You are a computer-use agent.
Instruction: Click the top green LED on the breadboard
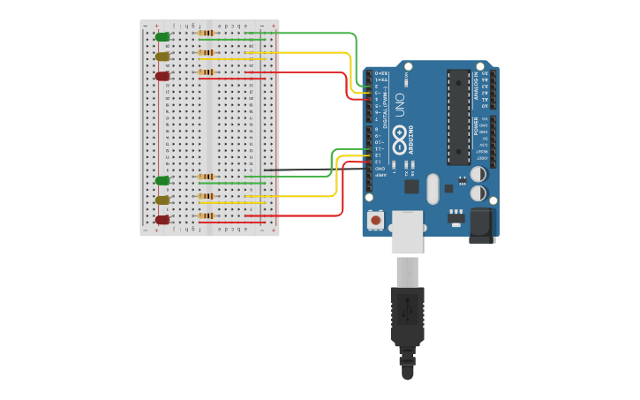pyautogui.click(x=162, y=36)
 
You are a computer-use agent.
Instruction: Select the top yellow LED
pyautogui.click(x=162, y=57)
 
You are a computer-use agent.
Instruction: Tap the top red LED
pyautogui.click(x=162, y=76)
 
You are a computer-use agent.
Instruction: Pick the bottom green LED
pyautogui.click(x=162, y=180)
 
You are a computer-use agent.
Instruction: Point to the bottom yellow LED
pyautogui.click(x=162, y=200)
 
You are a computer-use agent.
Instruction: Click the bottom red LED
pyautogui.click(x=162, y=219)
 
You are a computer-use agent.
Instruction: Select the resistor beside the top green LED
pyautogui.click(x=207, y=33)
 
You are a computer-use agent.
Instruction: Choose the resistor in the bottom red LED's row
pyautogui.click(x=207, y=215)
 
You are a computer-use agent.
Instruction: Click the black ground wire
pyautogui.click(x=309, y=169)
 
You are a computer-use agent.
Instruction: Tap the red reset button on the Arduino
pyautogui.click(x=376, y=219)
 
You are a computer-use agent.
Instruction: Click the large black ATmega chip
pyautogui.click(x=459, y=117)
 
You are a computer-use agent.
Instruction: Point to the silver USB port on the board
pyautogui.click(x=407, y=231)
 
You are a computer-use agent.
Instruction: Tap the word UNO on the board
pyautogui.click(x=399, y=105)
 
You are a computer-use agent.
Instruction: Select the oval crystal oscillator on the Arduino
pyautogui.click(x=432, y=188)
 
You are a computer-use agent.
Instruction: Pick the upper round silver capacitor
pyautogui.click(x=478, y=174)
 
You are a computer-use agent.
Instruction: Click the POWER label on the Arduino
pyautogui.click(x=477, y=125)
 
